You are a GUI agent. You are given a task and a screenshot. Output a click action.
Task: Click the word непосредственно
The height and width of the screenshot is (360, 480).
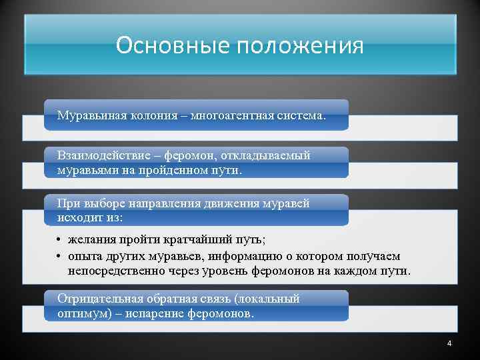[111, 272]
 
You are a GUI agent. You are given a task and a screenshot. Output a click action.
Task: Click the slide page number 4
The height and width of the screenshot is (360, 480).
[449, 343]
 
